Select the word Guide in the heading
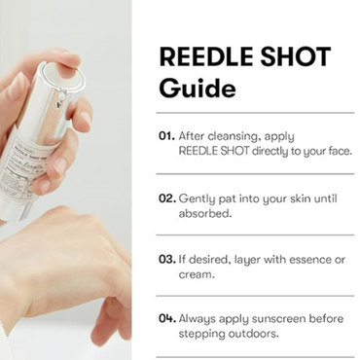(196, 88)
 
